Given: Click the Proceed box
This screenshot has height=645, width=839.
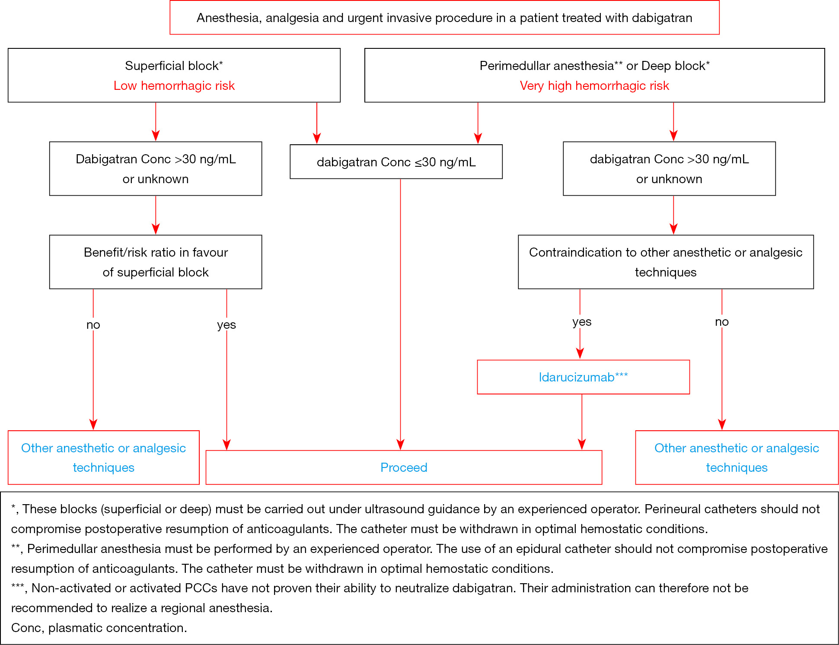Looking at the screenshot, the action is (404, 467).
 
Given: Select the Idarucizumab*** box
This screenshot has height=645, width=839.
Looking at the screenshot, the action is (583, 377).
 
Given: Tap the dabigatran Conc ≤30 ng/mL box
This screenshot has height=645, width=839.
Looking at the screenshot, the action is (396, 162).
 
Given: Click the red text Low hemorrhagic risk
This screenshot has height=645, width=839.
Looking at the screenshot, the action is (174, 86).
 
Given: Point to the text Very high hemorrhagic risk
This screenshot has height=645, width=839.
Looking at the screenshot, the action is (594, 86).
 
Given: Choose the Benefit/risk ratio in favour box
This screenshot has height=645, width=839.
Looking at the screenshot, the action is (156, 262).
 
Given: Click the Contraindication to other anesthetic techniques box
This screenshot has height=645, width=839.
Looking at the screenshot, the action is (666, 262).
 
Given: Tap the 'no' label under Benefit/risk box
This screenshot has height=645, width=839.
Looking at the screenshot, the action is (93, 324).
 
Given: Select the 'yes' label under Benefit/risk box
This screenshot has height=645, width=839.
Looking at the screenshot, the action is (226, 325).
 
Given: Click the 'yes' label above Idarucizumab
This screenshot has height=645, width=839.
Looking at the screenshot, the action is (582, 322).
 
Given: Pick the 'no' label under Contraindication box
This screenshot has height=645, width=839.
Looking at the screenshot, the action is (722, 322).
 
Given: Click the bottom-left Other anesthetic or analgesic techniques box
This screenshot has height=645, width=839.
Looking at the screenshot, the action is (104, 458).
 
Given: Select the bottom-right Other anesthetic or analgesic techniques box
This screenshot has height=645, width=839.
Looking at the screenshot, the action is (737, 458).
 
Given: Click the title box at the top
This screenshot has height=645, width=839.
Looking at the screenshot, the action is (444, 18).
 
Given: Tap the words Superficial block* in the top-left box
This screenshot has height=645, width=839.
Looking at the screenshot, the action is (174, 66).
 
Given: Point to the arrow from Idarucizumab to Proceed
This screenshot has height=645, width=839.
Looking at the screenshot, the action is (582, 422).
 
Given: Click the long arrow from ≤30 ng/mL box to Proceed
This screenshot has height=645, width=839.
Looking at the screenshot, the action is (400, 315).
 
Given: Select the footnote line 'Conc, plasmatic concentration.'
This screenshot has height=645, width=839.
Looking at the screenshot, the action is (99, 628).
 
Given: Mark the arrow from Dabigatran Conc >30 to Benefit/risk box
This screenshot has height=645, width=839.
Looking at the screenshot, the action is (156, 215).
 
